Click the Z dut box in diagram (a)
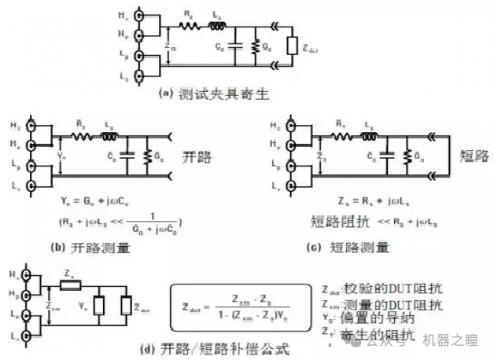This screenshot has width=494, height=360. pyautogui.click(x=293, y=48)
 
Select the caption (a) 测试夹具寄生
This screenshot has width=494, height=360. pyautogui.click(x=214, y=94)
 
